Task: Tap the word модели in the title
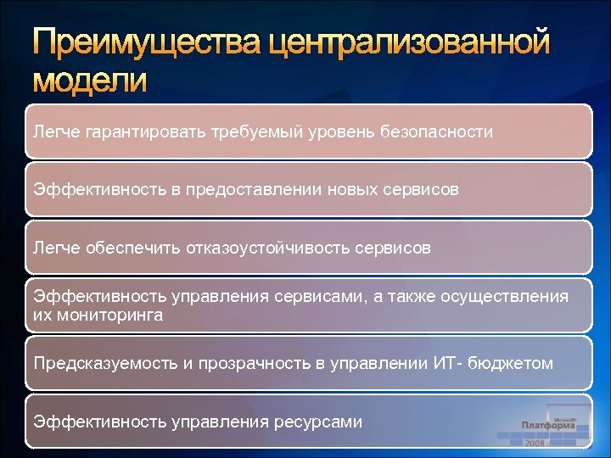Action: [x=90, y=81]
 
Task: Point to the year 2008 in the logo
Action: [x=535, y=443]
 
